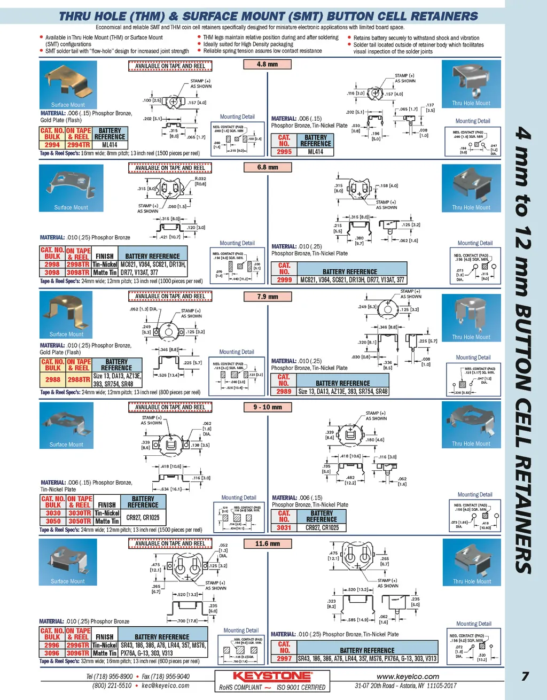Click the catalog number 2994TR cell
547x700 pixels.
[x=79, y=145]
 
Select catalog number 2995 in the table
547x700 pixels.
[x=284, y=152]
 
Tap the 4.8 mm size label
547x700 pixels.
[x=267, y=64]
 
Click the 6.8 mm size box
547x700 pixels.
[x=267, y=167]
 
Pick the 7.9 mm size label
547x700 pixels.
[x=267, y=297]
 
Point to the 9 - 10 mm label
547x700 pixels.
[x=267, y=407]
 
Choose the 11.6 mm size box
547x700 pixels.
[x=267, y=544]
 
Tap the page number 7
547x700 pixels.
[x=525, y=676]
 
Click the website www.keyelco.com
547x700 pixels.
[x=408, y=676]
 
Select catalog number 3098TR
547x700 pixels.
[x=78, y=273]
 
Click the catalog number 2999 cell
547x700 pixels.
[x=284, y=279]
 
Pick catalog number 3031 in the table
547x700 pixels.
[x=284, y=527]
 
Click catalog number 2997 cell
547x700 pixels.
[x=284, y=659]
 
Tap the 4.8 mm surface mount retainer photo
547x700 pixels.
[x=68, y=84]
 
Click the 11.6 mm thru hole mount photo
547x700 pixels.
[x=471, y=562]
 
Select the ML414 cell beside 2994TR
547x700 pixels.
[x=110, y=145]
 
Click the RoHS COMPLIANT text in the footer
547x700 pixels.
[x=240, y=688]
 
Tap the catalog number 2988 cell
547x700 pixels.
[x=53, y=379]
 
